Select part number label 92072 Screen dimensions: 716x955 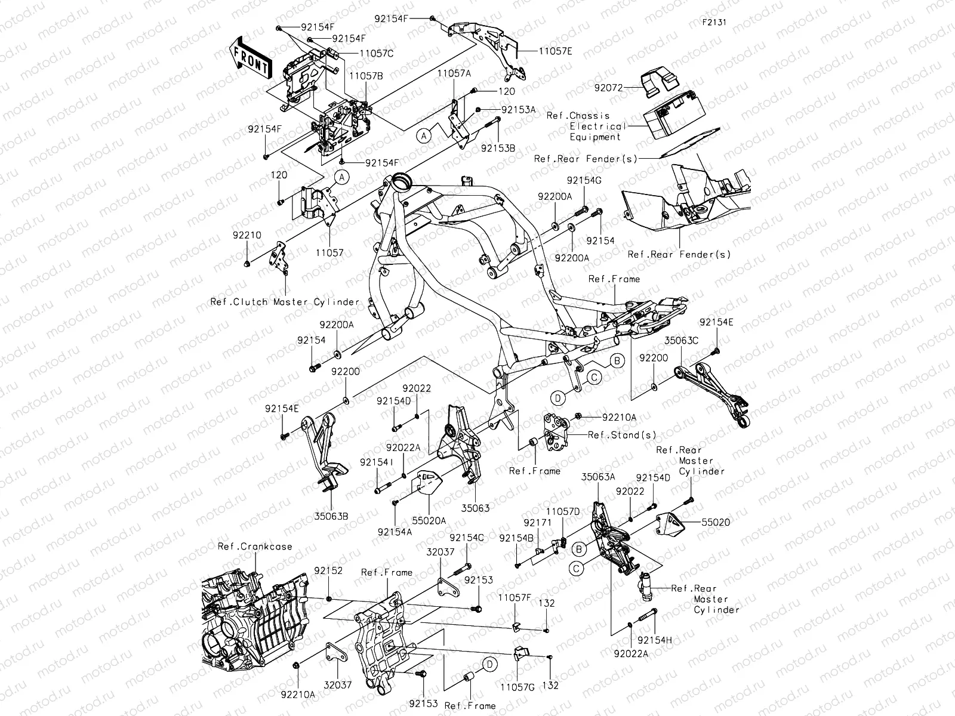(608, 88)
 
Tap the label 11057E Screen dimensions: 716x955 (555, 52)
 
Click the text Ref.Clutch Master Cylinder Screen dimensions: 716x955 (285, 302)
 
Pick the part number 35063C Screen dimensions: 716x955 (682, 342)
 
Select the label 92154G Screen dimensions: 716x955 (584, 180)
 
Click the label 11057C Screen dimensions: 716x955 (376, 53)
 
